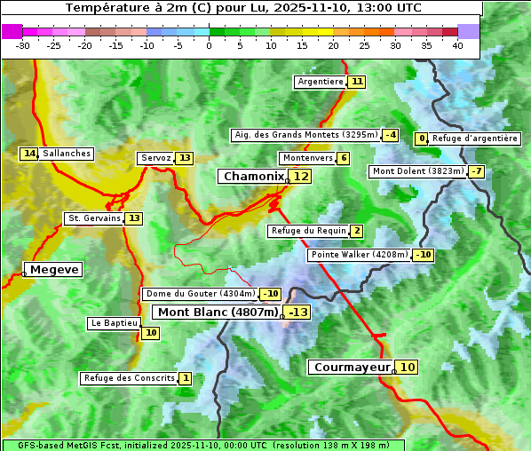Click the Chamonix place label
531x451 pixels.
pos(253,177)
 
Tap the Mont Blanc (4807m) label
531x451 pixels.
pos(218,312)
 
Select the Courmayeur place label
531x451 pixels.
pos(352,367)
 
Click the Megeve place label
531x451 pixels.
pos(54,269)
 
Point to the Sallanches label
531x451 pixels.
pos(67,154)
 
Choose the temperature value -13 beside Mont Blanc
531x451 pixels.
pos(297,312)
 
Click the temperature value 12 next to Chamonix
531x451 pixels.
pos(302,177)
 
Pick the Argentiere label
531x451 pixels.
pos(321,82)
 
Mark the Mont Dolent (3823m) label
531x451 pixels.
pos(418,171)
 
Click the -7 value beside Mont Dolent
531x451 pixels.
pos(477,171)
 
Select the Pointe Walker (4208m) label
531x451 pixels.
pos(358,255)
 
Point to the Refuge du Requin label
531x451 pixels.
pos(308,231)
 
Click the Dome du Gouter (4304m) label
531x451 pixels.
pos(200,294)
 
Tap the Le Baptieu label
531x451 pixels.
pos(114,323)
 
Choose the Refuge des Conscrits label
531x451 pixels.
pos(129,378)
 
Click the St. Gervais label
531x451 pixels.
pos(93,218)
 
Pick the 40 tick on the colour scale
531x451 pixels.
pos(457,45)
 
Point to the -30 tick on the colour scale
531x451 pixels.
pos(23,45)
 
